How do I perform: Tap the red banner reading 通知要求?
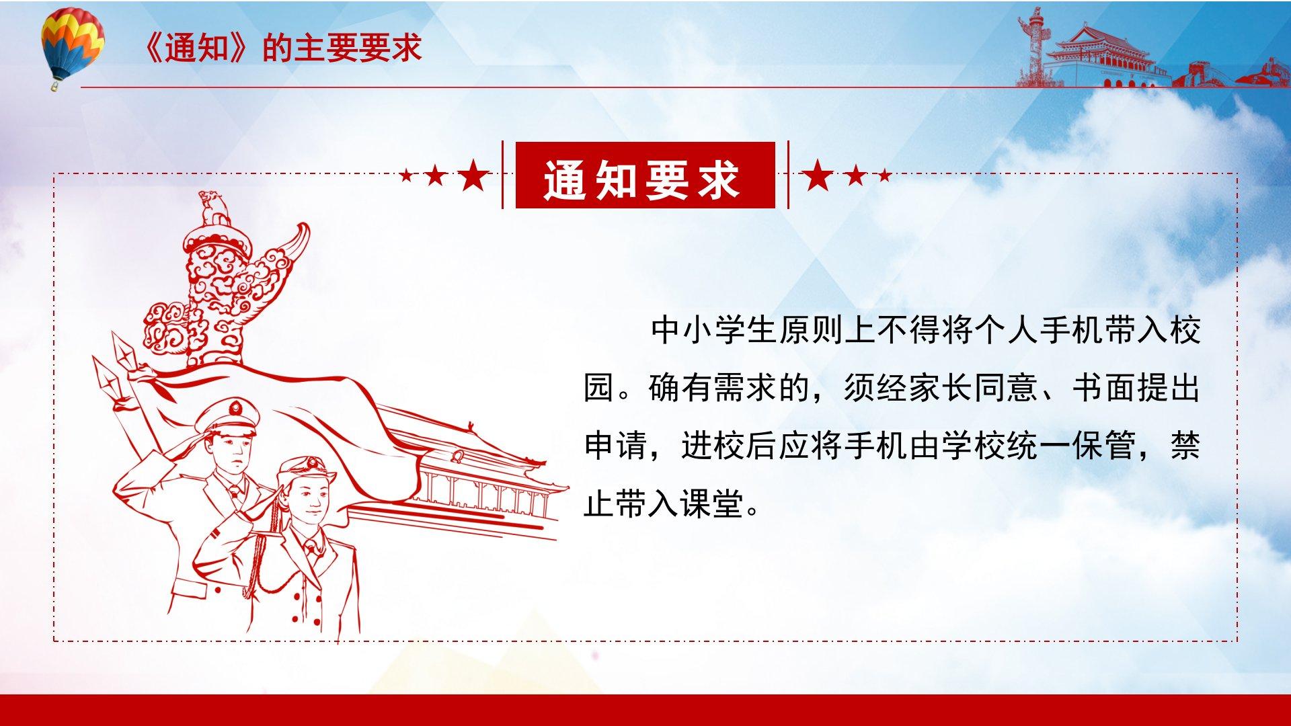click(x=645, y=175)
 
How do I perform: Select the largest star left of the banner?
click(x=473, y=175)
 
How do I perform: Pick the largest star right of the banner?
click(x=818, y=175)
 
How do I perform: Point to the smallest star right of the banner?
click(x=885, y=176)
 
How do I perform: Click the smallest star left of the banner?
click(x=406, y=176)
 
